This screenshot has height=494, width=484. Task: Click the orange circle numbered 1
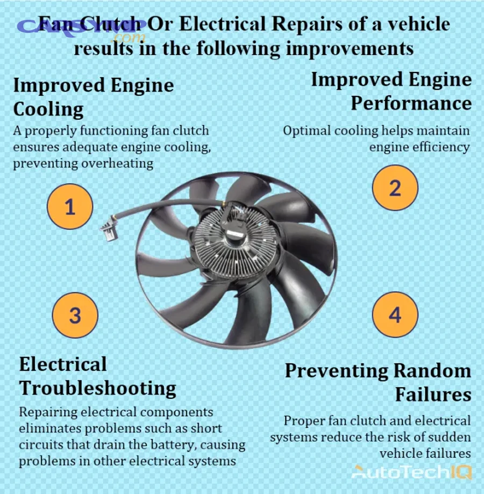[x=70, y=206]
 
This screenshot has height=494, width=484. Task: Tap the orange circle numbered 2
[x=395, y=188]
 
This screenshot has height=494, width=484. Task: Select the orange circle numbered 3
[x=75, y=315]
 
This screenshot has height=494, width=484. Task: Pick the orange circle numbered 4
[x=395, y=315]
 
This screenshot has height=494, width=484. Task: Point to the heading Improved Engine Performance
[x=392, y=91]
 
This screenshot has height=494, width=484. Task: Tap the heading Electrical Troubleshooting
[x=97, y=376]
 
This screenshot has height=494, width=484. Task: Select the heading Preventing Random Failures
[x=379, y=382]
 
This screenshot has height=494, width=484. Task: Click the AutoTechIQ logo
[x=411, y=472]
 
